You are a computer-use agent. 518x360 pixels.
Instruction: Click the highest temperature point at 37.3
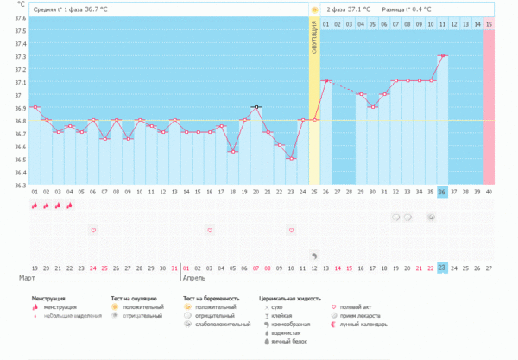coord(443,55)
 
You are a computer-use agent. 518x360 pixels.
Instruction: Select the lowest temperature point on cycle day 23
coord(292,159)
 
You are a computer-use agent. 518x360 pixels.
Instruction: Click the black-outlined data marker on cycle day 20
coord(256,107)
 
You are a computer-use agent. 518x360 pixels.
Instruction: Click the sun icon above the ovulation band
coord(315,9)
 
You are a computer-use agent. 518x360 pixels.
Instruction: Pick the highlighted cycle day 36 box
coord(443,192)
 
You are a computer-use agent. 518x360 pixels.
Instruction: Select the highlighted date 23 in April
coord(443,268)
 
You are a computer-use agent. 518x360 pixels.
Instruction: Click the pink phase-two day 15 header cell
coord(490,23)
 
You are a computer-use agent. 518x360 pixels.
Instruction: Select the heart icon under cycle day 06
coord(93,230)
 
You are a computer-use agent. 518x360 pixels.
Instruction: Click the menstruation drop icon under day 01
coord(35,206)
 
